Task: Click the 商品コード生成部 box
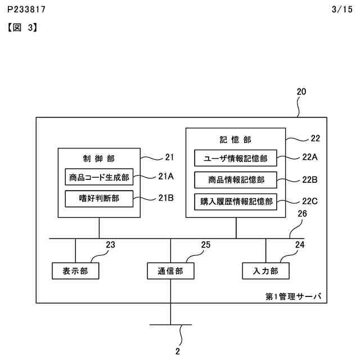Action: coord(98,178)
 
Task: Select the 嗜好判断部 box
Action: coord(98,198)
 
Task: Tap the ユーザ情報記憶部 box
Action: coord(236,159)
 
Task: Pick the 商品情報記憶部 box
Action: coord(236,180)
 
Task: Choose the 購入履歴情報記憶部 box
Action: coord(236,201)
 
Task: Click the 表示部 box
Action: coord(75,271)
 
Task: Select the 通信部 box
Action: coord(170,271)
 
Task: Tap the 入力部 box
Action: coord(266,271)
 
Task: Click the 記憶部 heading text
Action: coord(235,139)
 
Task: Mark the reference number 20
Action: coord(301,92)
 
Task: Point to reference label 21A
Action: coord(166,176)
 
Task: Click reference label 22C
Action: coord(310,200)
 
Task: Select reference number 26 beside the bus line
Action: coord(302,229)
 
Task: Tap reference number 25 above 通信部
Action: coord(206,245)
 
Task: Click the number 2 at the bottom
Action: coord(178,352)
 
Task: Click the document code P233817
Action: coord(27,10)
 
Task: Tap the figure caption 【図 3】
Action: coord(22,26)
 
